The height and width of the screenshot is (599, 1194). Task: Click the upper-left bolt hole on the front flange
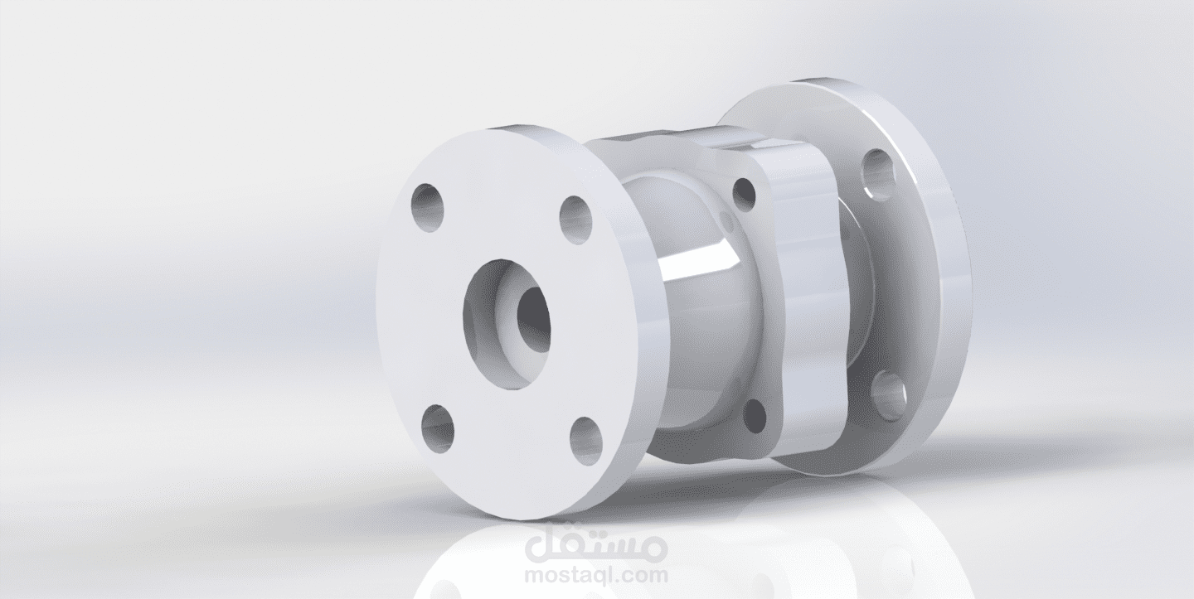(427, 208)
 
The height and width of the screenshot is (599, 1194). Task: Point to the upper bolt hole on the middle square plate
(745, 195)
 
